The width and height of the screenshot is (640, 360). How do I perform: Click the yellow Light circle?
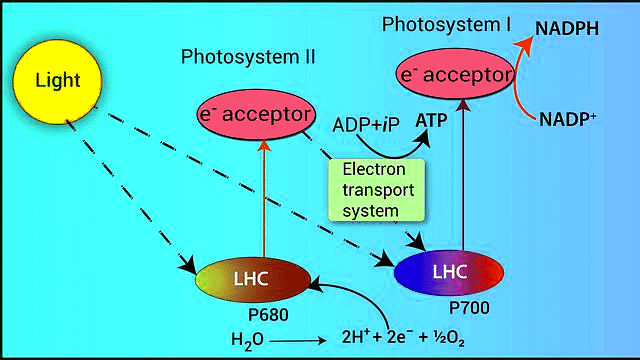click(x=57, y=77)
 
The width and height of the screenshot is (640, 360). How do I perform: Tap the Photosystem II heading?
click(x=248, y=57)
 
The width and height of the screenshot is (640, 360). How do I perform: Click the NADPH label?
click(x=567, y=28)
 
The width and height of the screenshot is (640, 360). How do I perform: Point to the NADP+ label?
click(x=569, y=118)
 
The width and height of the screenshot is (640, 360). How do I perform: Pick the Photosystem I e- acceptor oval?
click(x=456, y=74)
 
